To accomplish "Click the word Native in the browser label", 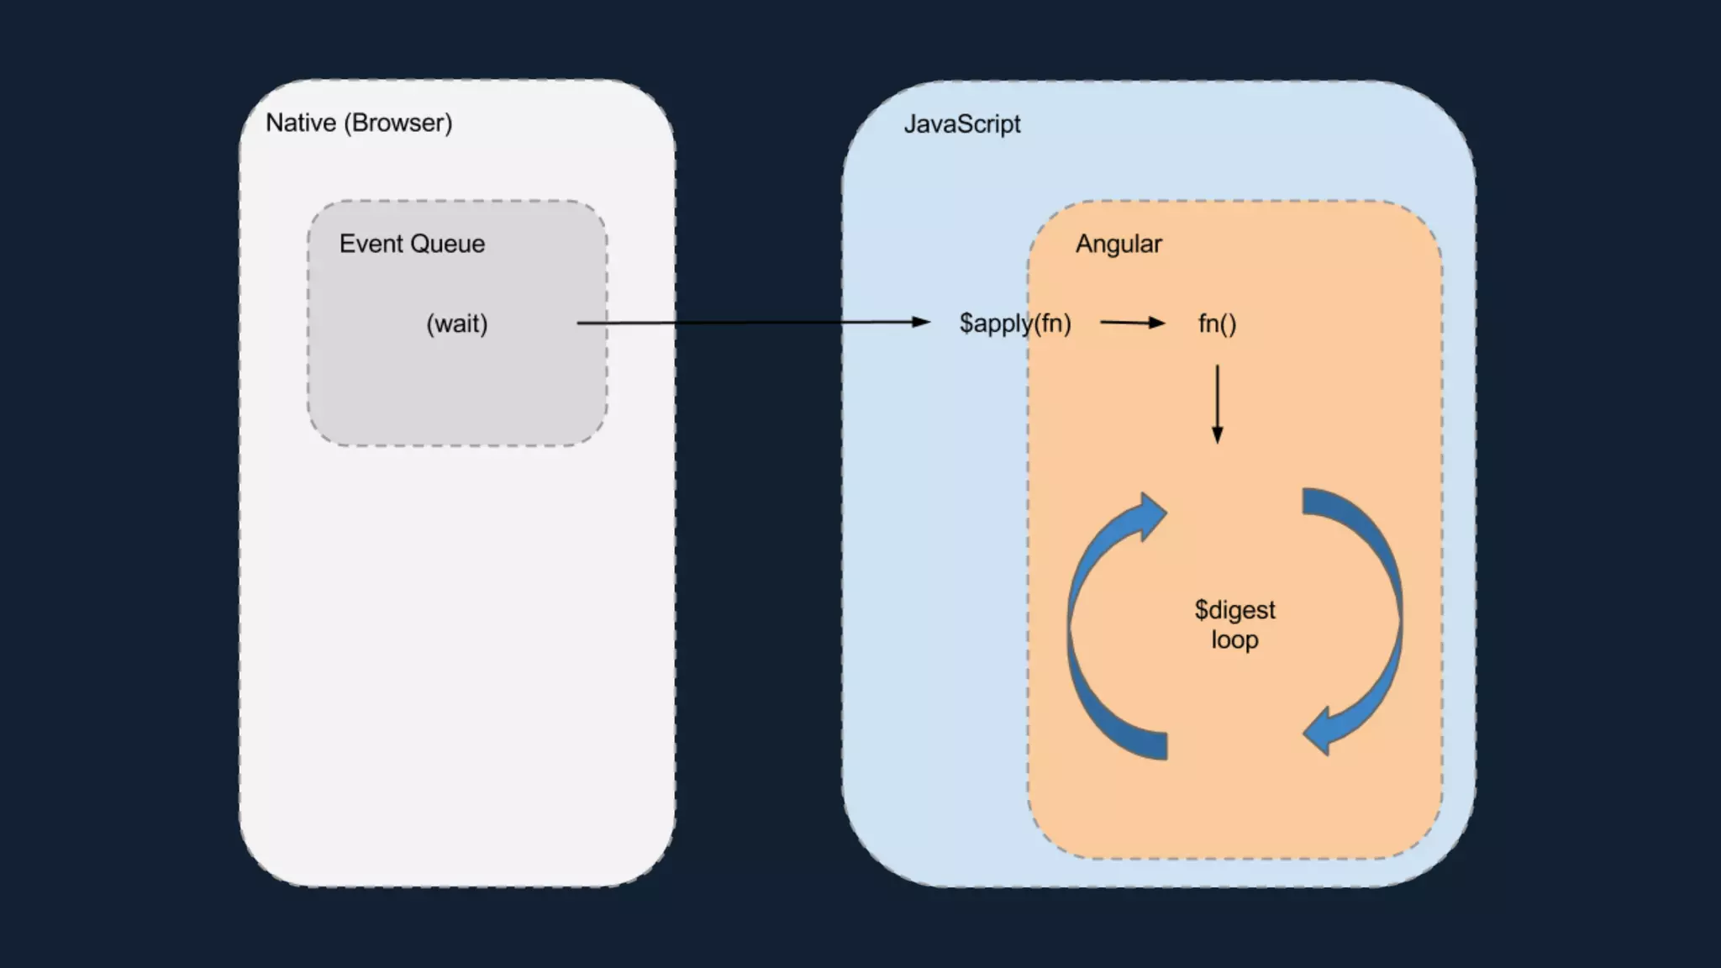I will tap(300, 123).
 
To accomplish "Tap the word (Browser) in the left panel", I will tap(398, 123).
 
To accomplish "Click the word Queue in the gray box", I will tap(447, 244).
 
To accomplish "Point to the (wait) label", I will tap(456, 324).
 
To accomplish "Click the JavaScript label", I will tap(961, 124).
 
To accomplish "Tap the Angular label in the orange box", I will tap(1118, 245).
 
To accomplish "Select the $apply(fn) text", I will tap(1015, 324).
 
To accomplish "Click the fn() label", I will tap(1217, 324).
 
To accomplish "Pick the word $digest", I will tap(1234, 610).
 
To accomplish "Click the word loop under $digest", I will tap(1234, 640).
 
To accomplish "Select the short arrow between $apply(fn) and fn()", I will tap(1131, 323).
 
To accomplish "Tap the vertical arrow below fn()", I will tap(1217, 403).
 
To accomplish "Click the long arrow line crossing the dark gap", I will tap(756, 323).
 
